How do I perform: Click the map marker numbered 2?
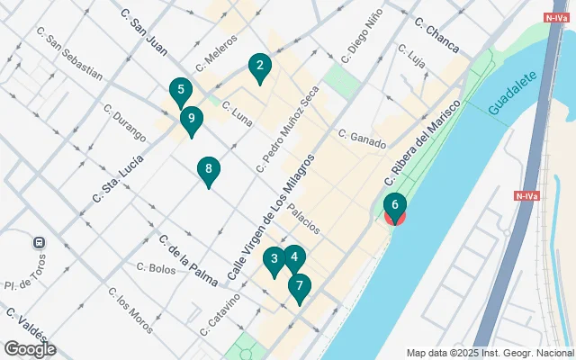point(259,66)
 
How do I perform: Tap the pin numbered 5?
point(181,90)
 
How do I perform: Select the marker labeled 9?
point(191,118)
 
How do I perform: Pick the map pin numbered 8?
point(209,168)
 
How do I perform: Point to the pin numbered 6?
point(394,206)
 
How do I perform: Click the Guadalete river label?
point(512,94)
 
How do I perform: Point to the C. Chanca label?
point(436,34)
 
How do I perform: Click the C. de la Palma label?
point(188,260)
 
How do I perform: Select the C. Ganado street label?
point(362,139)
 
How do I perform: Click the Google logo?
point(29,349)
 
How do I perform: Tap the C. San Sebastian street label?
point(70,56)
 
